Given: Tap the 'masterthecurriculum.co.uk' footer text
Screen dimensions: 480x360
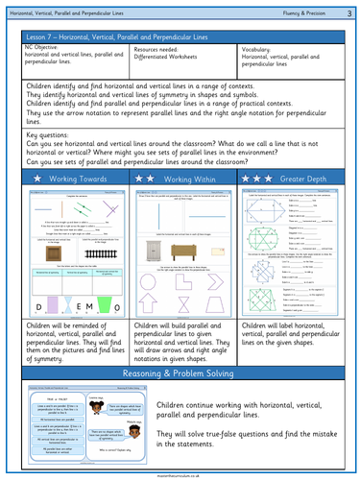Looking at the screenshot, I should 180,474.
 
